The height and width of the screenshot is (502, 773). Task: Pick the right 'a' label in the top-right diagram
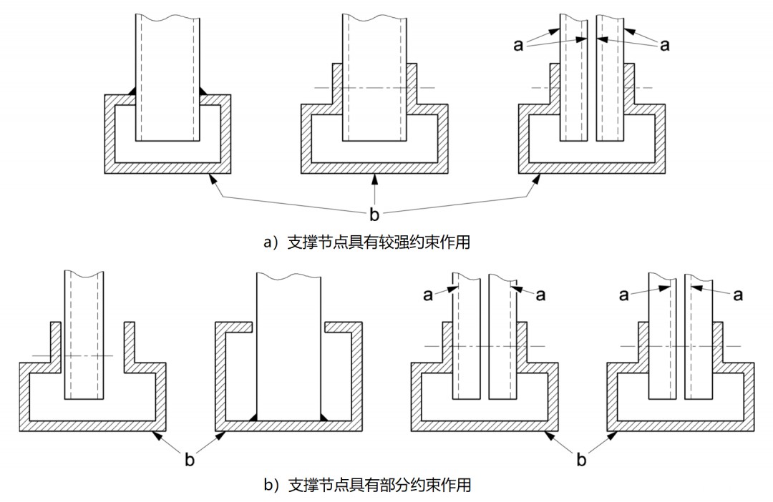(x=664, y=44)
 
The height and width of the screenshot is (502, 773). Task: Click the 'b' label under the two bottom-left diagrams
(x=189, y=460)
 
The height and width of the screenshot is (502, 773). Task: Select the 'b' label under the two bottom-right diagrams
(x=581, y=460)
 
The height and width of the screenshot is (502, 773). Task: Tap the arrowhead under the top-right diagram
(x=533, y=179)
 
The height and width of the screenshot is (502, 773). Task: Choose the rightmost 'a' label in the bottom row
(x=737, y=294)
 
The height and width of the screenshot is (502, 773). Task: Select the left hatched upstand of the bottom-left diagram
(x=54, y=342)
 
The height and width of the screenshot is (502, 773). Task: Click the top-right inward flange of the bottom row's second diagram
(x=339, y=327)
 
